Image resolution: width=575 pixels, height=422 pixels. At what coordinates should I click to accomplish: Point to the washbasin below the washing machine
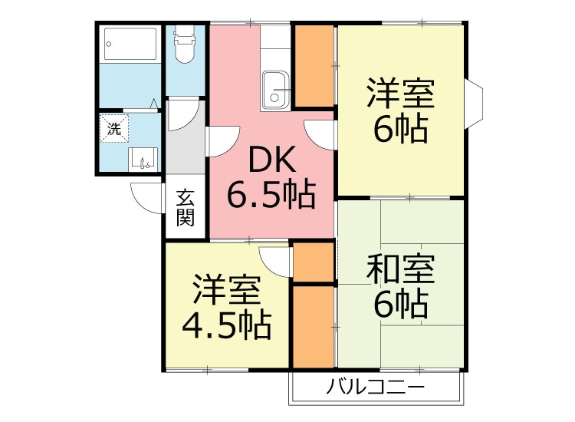pyautogui.click(x=143, y=160)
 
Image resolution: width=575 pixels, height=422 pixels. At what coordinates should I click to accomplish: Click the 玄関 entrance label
pyautogui.click(x=186, y=207)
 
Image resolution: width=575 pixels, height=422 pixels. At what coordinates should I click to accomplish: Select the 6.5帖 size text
pyautogui.click(x=271, y=195)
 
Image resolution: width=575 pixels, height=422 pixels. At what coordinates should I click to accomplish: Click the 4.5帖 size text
pyautogui.click(x=226, y=325)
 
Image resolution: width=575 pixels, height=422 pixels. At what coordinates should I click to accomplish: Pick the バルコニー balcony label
pyautogui.click(x=376, y=387)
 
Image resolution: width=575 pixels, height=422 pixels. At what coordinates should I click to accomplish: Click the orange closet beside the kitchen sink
pyautogui.click(x=313, y=66)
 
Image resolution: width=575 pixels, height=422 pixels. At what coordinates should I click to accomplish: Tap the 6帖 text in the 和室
pyautogui.click(x=400, y=305)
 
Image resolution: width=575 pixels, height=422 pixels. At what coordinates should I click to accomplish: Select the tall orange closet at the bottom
pyautogui.click(x=313, y=326)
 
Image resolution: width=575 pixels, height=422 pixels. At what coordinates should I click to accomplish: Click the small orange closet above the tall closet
pyautogui.click(x=313, y=262)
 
